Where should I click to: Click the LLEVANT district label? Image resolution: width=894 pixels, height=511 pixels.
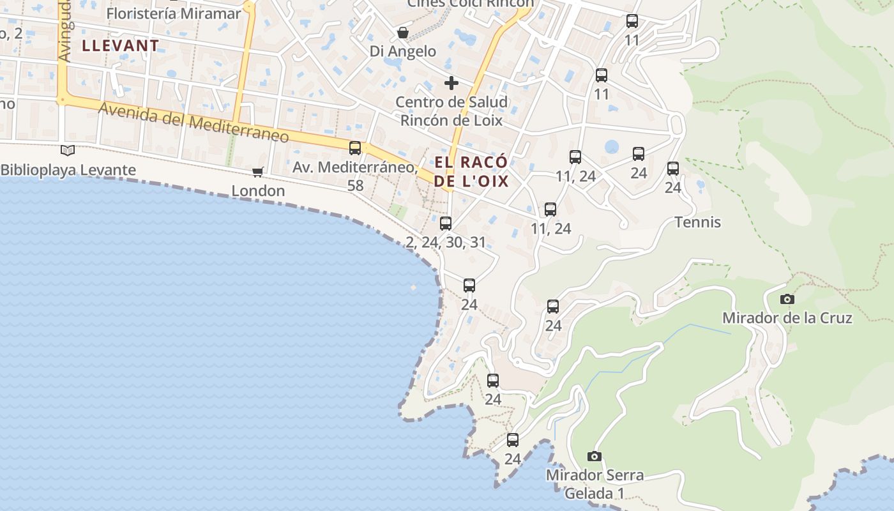(120, 45)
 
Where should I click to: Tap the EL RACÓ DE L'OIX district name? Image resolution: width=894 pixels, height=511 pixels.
(471, 171)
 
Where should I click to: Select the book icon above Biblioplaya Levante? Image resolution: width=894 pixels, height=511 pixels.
(68, 151)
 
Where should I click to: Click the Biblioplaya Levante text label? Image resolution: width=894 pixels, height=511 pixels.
(68, 170)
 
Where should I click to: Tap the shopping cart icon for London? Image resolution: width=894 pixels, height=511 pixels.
(258, 171)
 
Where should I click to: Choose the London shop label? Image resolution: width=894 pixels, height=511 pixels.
(258, 190)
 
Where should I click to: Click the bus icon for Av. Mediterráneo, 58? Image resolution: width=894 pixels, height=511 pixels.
(355, 148)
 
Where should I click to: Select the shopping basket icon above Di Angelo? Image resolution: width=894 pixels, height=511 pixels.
(403, 32)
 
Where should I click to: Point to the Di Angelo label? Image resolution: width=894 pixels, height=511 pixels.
(403, 51)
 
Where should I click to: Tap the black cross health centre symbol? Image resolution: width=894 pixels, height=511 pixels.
(451, 82)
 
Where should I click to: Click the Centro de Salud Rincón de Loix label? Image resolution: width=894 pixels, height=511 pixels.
(451, 111)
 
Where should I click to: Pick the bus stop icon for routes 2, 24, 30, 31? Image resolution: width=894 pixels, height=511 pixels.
(446, 223)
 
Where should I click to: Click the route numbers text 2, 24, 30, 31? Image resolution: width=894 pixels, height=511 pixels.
(446, 242)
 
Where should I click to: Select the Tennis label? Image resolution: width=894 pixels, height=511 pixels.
(698, 222)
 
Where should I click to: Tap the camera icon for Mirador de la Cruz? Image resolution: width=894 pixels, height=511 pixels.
(787, 299)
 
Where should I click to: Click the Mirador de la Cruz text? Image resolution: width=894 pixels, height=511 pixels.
(787, 317)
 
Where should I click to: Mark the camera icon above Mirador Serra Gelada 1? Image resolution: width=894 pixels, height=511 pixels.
(595, 456)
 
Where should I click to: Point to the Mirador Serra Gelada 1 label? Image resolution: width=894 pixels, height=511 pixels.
(595, 484)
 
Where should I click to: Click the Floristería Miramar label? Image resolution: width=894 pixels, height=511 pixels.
(174, 13)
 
